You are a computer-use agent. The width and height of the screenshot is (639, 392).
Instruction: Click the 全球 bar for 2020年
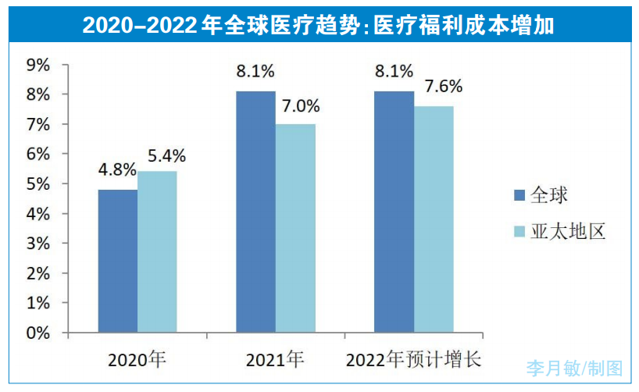117,261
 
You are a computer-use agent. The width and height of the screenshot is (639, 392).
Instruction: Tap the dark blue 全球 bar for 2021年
255,212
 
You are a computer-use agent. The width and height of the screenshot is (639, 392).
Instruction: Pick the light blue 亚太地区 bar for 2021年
295,228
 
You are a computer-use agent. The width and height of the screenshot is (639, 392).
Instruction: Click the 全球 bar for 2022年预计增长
394,212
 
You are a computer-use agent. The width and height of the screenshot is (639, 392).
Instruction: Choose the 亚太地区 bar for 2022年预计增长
434,219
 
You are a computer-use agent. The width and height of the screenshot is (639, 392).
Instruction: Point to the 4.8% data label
117,169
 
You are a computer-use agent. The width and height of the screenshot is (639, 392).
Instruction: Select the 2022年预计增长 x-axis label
414,360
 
